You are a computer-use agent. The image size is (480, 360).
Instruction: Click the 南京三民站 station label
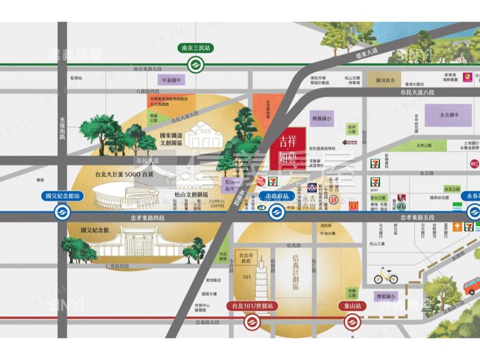[x=196, y=48]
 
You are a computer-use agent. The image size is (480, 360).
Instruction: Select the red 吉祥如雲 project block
[x=288, y=148]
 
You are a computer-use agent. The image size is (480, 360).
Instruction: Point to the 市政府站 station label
[x=277, y=196]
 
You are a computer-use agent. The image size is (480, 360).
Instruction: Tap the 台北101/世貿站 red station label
[x=252, y=306]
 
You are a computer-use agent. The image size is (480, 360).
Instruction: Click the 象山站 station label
[x=352, y=306]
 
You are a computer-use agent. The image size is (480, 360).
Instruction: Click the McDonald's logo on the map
[x=352, y=205]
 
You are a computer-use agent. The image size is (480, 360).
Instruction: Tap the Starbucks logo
[x=401, y=206]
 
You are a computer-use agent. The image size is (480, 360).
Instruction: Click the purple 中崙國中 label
[x=171, y=80]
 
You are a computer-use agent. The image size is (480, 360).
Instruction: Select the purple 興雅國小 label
[x=322, y=119]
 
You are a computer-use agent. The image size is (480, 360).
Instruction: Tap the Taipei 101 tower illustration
[x=261, y=274]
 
